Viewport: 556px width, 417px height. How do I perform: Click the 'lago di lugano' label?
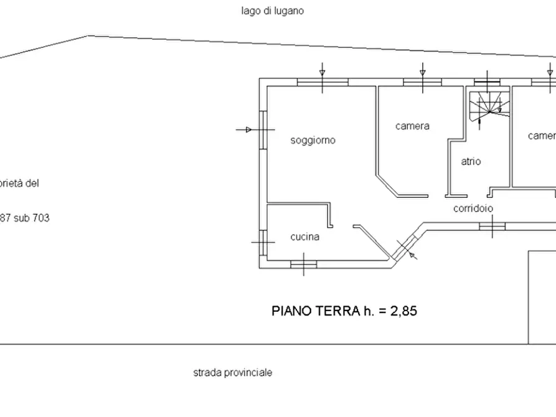coord(273,11)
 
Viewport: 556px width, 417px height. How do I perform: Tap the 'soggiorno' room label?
coord(313,141)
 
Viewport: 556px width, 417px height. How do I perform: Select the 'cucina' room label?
coord(305,237)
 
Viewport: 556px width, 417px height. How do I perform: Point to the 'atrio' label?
coord(471,161)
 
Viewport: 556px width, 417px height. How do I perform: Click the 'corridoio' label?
coord(473,209)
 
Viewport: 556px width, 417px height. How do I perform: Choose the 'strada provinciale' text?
coord(232,373)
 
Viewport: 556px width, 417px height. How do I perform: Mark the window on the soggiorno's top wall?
coord(322,82)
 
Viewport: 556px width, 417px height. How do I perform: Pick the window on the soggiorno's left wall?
coord(263,129)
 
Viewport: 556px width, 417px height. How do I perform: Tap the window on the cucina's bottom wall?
coord(304,264)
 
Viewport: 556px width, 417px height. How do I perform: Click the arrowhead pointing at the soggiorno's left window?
coord(248,129)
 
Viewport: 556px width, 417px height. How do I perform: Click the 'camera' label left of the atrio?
coord(412,126)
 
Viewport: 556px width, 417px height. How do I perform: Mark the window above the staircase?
coord(486,82)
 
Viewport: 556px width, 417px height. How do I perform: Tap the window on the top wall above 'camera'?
coord(422,82)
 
